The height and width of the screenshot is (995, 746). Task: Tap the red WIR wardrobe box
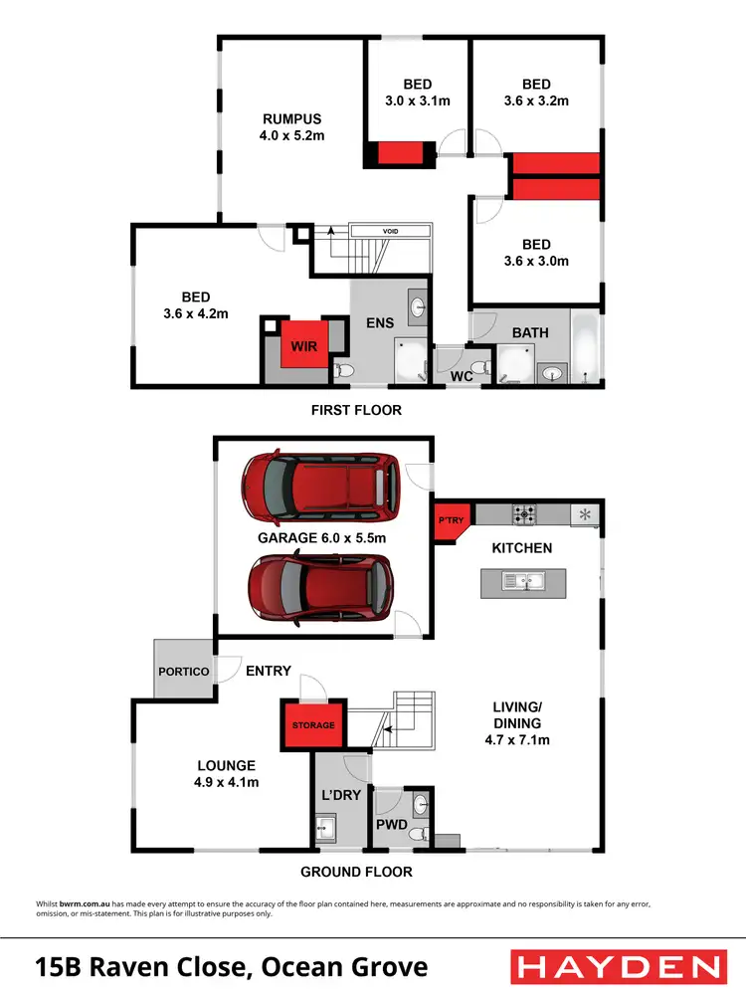point(303,345)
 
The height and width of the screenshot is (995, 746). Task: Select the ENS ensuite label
point(381,322)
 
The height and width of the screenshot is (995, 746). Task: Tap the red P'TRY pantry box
point(446,521)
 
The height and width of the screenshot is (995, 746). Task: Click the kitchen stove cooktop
point(524,514)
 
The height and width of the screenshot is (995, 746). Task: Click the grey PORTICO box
point(184,672)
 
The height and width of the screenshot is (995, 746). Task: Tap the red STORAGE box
point(313,725)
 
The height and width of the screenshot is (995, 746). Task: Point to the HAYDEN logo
point(617,967)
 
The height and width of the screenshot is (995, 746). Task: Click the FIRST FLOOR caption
point(356,410)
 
